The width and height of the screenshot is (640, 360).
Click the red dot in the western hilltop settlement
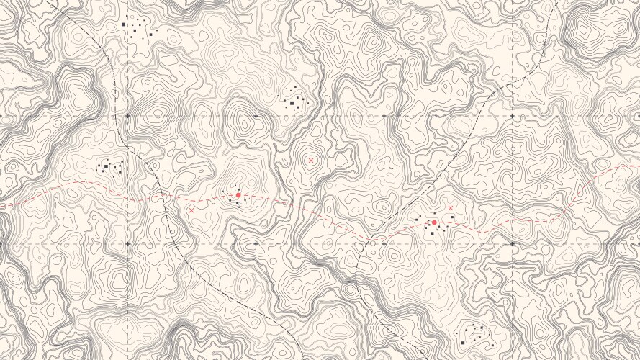coord(238,194)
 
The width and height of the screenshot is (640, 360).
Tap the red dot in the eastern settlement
coord(434,223)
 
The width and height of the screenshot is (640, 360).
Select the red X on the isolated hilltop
coord(311,161)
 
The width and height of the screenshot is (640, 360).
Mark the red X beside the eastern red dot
coord(451,208)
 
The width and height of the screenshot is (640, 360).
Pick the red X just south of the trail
coord(191,210)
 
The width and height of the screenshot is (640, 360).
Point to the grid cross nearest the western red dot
coord(256,244)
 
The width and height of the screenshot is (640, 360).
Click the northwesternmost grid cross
coord(127,115)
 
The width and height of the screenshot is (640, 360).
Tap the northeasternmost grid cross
coord(512,115)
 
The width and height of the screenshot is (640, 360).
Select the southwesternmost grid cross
coord(127,244)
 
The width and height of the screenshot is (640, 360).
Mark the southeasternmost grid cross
coord(512,244)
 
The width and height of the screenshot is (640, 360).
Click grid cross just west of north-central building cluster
coord(256,115)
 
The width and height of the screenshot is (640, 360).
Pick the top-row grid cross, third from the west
coord(384,115)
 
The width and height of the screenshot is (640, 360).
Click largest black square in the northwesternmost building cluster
coord(123,24)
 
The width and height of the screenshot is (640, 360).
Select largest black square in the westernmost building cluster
coord(106,167)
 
